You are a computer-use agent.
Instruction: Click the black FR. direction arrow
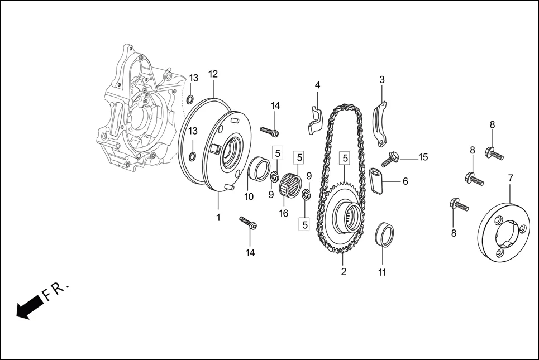point(30,308)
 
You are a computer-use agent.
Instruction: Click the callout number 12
point(213,74)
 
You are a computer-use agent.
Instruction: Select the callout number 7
point(511,178)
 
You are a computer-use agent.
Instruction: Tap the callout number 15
point(423,157)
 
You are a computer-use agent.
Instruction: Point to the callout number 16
point(284,213)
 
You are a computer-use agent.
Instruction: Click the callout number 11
point(382,272)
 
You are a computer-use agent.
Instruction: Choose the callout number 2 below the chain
point(344,272)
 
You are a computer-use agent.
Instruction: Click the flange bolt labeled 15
point(390,158)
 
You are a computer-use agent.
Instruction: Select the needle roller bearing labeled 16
point(290,185)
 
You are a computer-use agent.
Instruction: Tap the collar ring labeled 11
point(385,233)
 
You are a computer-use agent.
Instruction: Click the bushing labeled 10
point(257,169)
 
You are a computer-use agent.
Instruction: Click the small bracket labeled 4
point(314,119)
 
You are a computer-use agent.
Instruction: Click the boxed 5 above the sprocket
point(345,159)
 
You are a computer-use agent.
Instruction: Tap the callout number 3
point(382,80)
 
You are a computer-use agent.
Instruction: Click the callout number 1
point(218,217)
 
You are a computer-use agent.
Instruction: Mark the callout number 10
point(249,196)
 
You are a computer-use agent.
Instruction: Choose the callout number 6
point(406,181)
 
